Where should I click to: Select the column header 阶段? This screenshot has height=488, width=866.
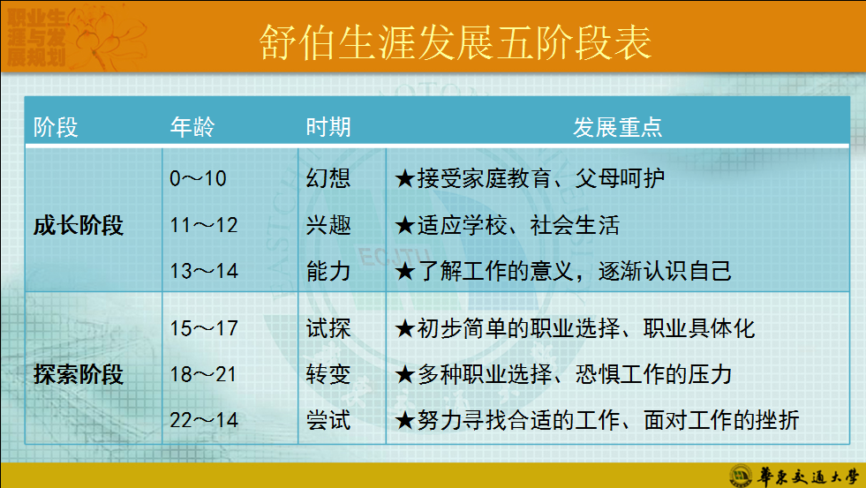(56, 127)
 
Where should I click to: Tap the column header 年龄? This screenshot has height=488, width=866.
(192, 127)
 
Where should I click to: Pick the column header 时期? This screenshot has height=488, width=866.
(328, 127)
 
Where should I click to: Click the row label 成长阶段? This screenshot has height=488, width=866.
(79, 226)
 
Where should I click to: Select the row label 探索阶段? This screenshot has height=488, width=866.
(79, 375)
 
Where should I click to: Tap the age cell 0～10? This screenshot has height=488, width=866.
(198, 178)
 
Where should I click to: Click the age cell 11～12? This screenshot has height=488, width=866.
(204, 225)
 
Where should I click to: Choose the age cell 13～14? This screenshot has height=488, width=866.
(204, 271)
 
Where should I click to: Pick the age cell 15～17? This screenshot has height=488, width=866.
(204, 329)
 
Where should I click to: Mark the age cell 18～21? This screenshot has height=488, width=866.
(204, 374)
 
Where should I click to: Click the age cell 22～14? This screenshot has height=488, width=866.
(204, 420)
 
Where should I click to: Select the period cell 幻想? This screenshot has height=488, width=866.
(328, 178)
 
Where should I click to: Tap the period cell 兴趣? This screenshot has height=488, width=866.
(328, 225)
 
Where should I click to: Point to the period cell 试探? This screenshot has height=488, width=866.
(328, 329)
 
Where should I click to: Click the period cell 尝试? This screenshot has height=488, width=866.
(328, 420)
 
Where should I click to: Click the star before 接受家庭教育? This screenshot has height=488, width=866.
(405, 179)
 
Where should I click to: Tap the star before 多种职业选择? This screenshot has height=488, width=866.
(405, 375)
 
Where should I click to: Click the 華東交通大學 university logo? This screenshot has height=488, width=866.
(793, 475)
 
